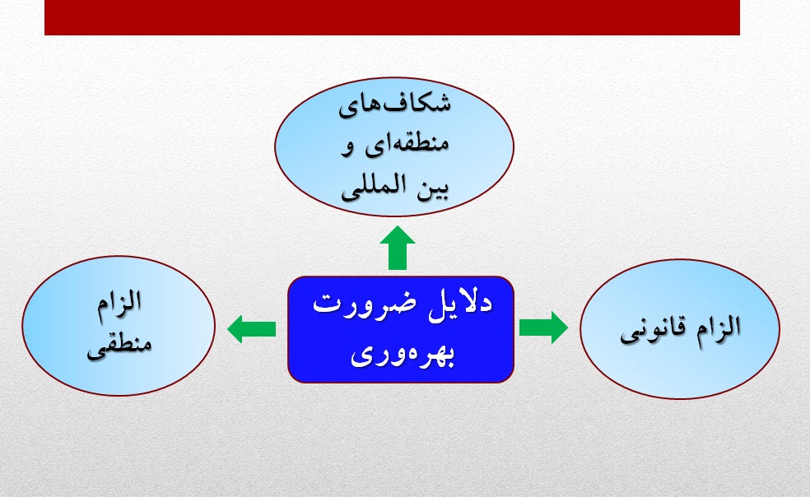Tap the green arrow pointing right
543,327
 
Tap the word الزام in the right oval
712,327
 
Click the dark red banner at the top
392,17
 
